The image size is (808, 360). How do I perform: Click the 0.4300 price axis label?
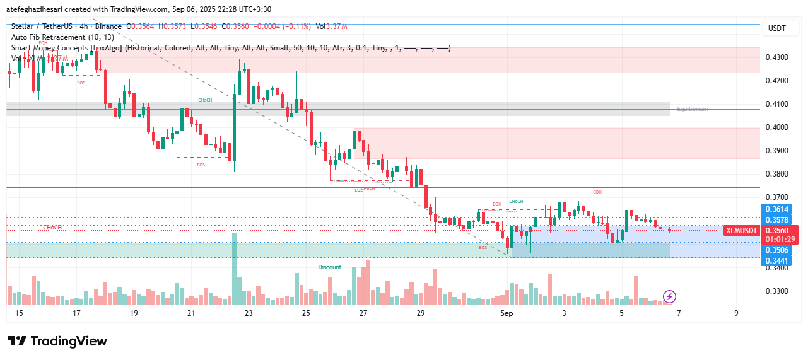click(x=777, y=57)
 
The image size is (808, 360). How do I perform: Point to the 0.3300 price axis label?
click(x=777, y=291)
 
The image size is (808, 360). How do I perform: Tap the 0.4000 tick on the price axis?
click(x=777, y=127)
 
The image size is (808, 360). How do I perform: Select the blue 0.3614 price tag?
click(x=777, y=209)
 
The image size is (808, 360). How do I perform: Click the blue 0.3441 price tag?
click(x=777, y=261)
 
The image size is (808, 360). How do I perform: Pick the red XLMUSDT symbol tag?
click(x=742, y=231)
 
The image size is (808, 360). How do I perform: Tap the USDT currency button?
click(x=776, y=28)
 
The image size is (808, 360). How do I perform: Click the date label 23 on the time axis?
click(x=249, y=313)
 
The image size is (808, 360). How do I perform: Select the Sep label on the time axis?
click(x=507, y=313)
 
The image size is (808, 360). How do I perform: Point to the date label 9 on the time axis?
click(x=736, y=313)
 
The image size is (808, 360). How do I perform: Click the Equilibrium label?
click(x=692, y=109)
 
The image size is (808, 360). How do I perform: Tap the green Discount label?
click(x=329, y=267)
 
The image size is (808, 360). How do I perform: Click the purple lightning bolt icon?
click(x=670, y=296)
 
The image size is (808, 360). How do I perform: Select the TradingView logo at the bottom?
click(x=57, y=341)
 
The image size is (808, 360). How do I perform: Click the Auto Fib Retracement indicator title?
click(x=61, y=37)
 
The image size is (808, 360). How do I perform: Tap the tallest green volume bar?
click(x=235, y=269)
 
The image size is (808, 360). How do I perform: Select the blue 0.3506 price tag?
click(x=777, y=250)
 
